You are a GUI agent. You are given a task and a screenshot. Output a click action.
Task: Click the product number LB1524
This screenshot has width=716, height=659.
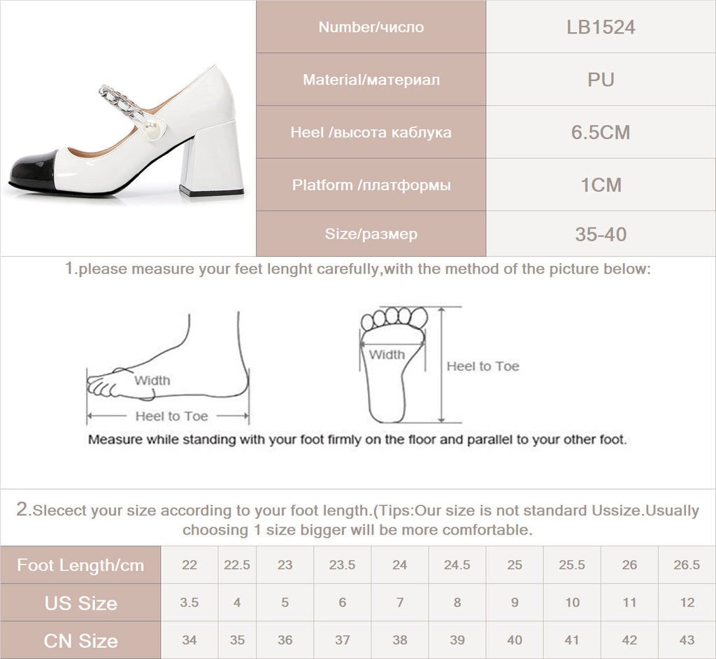pos(601,27)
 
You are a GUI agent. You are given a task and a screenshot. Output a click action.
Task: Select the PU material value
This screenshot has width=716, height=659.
pos(601,80)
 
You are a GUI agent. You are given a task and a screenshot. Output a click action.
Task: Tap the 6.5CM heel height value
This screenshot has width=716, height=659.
pos(601,132)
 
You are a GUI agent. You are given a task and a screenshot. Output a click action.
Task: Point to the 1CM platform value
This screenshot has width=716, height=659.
pos(601,185)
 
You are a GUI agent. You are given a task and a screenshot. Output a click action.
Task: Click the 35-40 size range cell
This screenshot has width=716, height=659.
pos(601,234)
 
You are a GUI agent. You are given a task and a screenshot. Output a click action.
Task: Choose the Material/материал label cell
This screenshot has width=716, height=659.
pos(371,80)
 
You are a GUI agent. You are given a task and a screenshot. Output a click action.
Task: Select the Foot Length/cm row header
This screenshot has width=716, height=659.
pos(80,565)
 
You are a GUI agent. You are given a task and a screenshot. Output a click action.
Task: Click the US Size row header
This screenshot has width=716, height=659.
pos(80,603)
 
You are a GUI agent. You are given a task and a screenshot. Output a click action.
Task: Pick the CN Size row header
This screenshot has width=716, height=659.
pos(80,641)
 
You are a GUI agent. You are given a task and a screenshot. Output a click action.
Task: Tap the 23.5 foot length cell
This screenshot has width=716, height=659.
pos(342,565)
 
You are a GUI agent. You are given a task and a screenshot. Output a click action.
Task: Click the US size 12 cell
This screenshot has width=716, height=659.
pos(687,603)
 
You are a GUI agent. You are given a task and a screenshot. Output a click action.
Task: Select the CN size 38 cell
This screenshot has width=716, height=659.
pos(399,641)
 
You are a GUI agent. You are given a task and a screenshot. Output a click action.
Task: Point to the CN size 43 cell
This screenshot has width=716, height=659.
pos(687,641)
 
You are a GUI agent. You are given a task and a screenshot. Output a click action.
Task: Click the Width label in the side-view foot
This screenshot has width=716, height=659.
pos(152,381)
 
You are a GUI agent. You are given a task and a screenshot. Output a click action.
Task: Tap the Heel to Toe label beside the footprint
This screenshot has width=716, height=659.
pos(482,367)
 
